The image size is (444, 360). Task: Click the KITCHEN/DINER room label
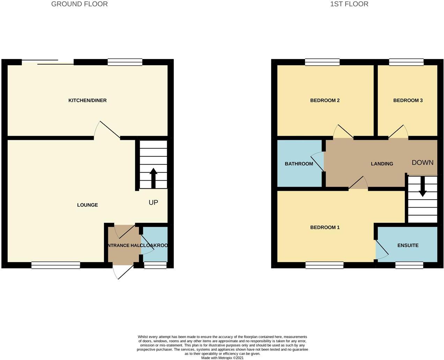pos(87,100)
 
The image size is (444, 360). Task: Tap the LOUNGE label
pos(87,205)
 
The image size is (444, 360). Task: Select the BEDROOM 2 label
pos(325,100)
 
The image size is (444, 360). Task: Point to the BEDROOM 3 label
pos(408,100)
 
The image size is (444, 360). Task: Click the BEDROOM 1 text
pos(325,227)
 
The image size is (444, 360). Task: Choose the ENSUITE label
pos(408,246)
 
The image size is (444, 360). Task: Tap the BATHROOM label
pos(299,164)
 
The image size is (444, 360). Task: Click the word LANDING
pos(382,164)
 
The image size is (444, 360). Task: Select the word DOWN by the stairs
pos(422,163)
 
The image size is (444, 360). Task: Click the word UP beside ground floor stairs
pos(153,202)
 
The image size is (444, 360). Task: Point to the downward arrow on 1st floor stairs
pos(422,187)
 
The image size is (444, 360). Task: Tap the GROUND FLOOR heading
pos(79,4)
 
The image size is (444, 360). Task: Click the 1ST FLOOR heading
pos(349,4)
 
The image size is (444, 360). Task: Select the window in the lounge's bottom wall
pos(56,265)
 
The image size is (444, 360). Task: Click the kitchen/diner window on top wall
pos(125,62)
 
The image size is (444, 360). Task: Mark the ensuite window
pos(409,265)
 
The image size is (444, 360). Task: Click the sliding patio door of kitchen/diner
pos(48,62)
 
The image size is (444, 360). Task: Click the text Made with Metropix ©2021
pos(222,358)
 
